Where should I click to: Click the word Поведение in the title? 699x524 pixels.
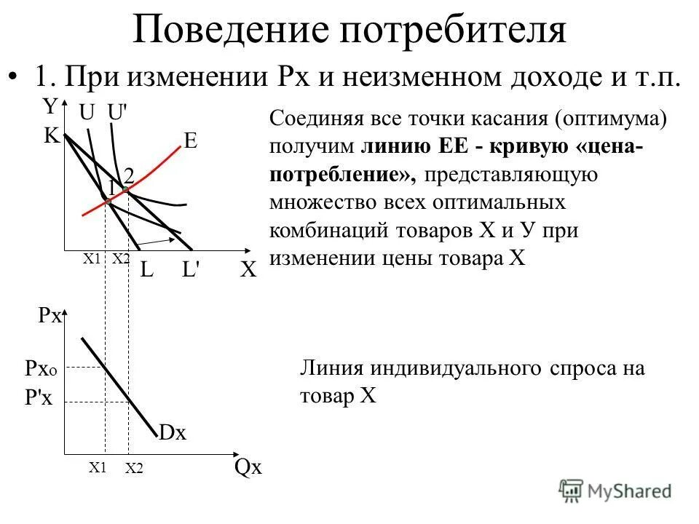232,31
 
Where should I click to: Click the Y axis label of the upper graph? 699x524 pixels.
50,107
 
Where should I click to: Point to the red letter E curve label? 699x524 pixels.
191,141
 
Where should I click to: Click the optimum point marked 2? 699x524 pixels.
125,189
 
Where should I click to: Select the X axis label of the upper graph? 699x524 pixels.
248,271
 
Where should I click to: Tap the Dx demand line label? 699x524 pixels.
173,433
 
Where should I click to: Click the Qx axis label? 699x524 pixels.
248,467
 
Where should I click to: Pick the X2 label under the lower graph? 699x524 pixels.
134,469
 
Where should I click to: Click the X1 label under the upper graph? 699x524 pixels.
90,258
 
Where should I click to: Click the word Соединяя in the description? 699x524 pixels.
312,118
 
